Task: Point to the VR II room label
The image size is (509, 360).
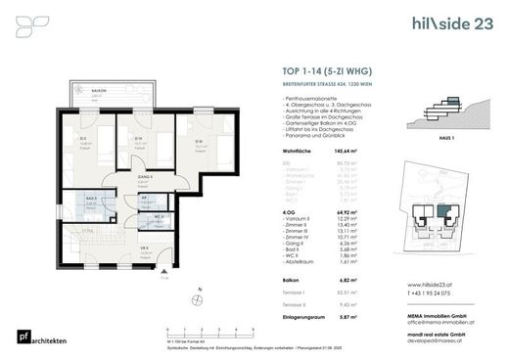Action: click(144, 248)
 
